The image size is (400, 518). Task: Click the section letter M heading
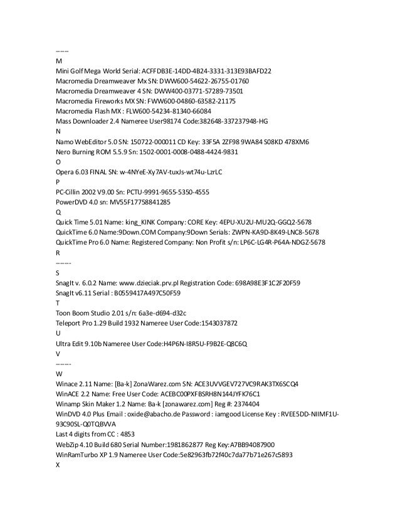59,61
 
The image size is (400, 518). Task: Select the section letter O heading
58,161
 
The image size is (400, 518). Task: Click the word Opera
66,171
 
